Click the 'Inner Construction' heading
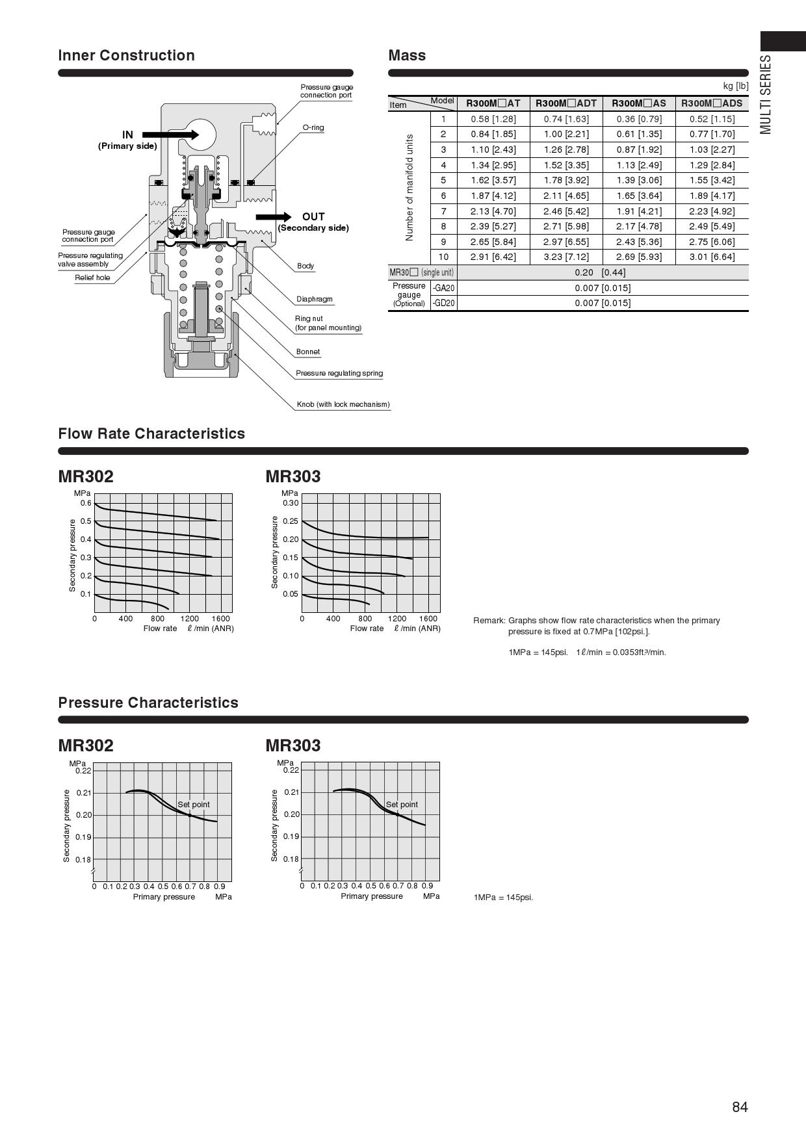(126, 55)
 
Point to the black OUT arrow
(274, 217)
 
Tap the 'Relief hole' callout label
(92, 278)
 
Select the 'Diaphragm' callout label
(314, 299)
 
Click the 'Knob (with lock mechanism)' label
(343, 404)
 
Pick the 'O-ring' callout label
(313, 127)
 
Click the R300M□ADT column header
(566, 103)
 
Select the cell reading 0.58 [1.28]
(493, 119)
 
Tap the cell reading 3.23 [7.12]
(566, 257)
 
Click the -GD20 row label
(443, 303)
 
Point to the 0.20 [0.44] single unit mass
(600, 272)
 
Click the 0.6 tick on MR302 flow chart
(86, 503)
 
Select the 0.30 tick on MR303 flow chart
(291, 503)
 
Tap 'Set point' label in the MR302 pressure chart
(194, 805)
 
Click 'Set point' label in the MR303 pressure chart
(402, 805)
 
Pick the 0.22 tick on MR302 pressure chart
(83, 771)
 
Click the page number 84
(740, 1108)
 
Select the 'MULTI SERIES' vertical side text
(766, 94)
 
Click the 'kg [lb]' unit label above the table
(735, 86)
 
